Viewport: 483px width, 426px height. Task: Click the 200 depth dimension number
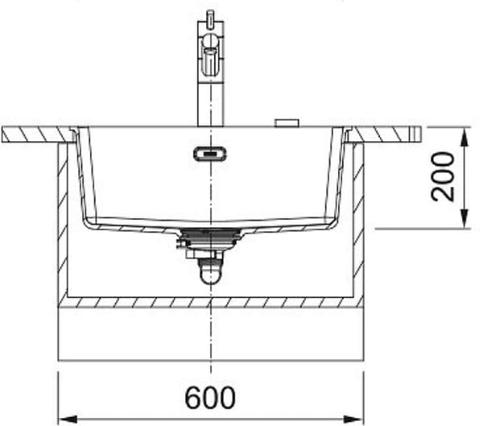point(443,176)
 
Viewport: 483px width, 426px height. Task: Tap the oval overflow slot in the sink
point(210,154)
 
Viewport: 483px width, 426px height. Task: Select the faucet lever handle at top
point(211,56)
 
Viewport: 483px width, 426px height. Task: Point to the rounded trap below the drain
point(211,271)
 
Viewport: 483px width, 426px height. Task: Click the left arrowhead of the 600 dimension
point(68,420)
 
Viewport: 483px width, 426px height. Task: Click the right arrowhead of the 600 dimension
point(354,420)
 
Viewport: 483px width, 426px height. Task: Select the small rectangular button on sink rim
point(287,123)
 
